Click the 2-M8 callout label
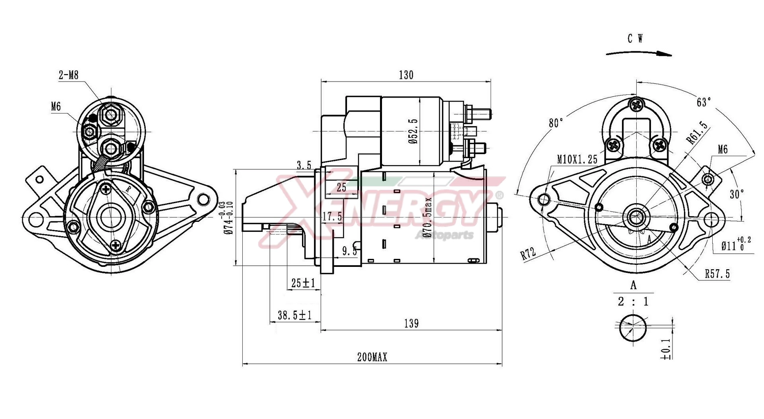68,75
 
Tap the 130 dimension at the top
406,75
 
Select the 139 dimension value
411,323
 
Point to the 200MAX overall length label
372,357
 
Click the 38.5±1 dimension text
294,315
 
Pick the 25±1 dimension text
303,283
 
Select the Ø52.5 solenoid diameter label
413,131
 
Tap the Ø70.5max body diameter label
427,217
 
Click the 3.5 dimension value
304,165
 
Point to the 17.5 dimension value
332,217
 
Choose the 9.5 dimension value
350,251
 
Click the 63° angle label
704,102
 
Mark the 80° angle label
556,123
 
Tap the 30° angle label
737,194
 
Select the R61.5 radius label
697,132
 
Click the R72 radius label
528,253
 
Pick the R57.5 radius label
717,274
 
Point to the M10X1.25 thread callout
577,160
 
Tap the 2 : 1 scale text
633,302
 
